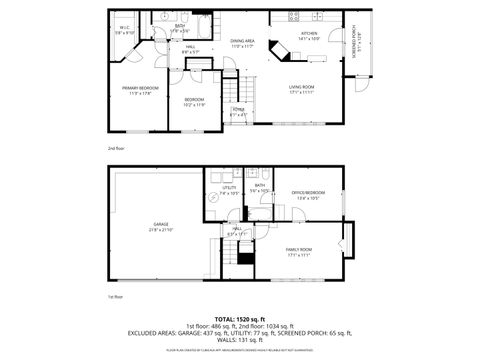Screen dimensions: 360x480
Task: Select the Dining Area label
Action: tap(243, 42)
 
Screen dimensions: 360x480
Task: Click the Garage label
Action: tap(161, 224)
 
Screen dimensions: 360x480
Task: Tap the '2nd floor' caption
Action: tap(116, 147)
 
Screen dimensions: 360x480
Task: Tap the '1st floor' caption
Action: tap(114, 297)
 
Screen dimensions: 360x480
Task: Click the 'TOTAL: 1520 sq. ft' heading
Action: tap(238, 316)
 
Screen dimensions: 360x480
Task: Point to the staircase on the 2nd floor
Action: tap(232, 93)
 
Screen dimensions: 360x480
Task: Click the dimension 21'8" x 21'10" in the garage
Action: tap(161, 230)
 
